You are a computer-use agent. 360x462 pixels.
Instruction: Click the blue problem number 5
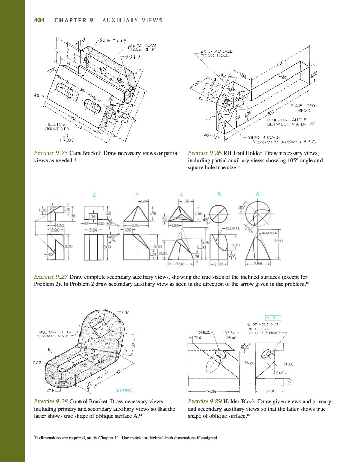219,194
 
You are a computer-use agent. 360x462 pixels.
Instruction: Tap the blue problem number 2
94,195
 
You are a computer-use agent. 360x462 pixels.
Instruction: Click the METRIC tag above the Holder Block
272,317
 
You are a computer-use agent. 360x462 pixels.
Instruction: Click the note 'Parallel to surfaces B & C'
292,141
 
